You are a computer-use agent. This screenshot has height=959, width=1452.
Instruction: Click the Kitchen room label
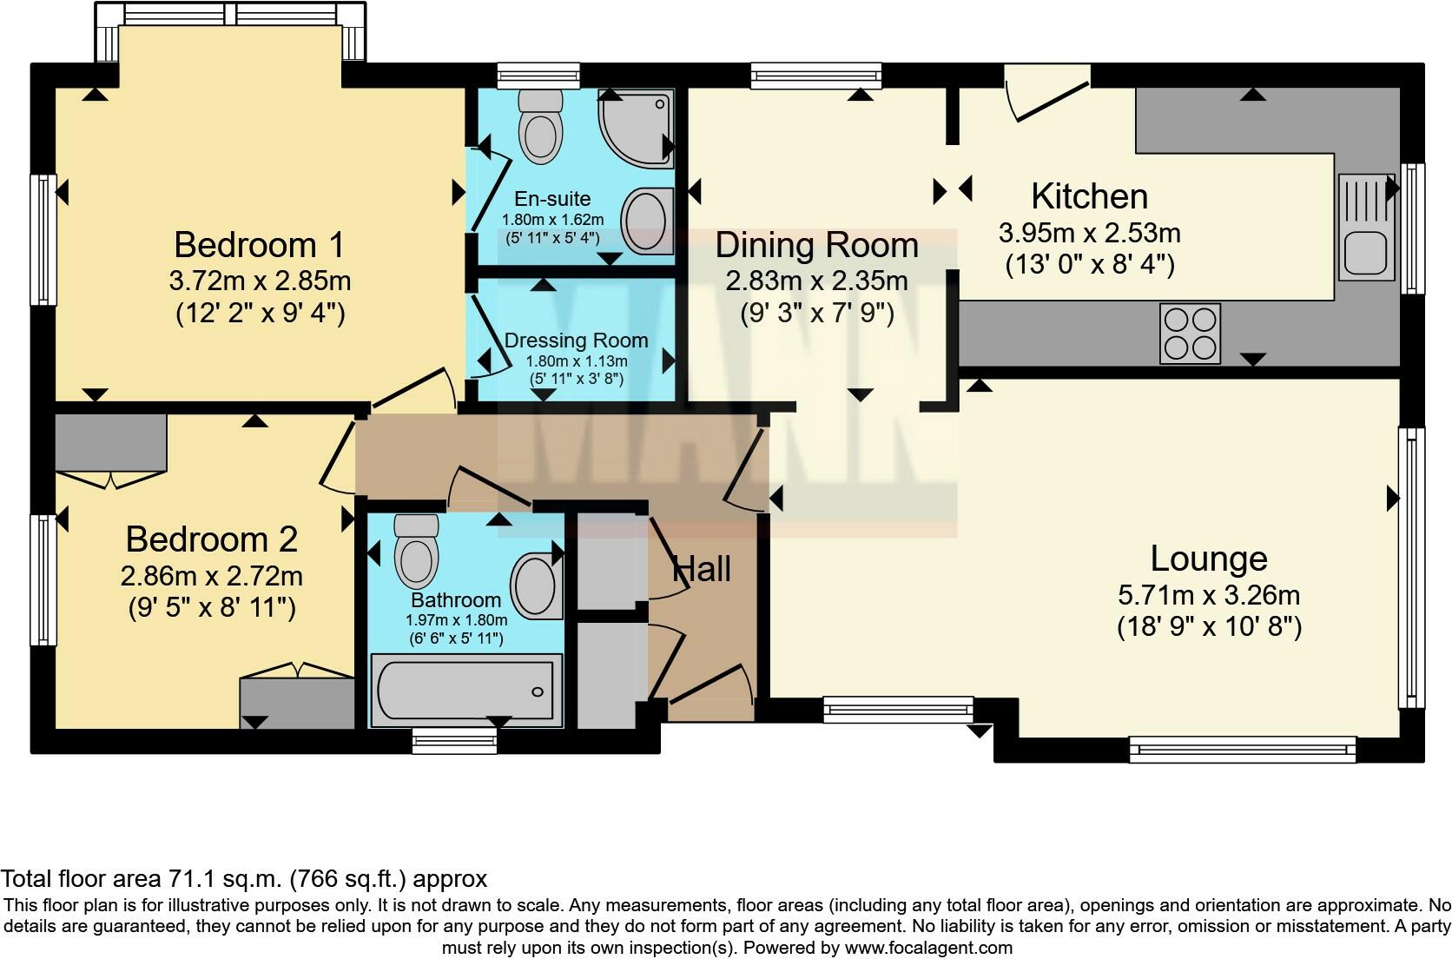[x=1089, y=196]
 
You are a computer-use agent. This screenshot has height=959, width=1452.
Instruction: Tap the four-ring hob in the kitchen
[x=1190, y=334]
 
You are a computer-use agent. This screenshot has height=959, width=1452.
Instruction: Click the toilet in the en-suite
[x=539, y=129]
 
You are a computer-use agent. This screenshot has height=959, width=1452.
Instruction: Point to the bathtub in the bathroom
[x=465, y=691]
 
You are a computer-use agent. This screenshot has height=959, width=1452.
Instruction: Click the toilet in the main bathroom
[x=416, y=552]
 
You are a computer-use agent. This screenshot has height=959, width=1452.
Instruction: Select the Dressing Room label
[x=576, y=341]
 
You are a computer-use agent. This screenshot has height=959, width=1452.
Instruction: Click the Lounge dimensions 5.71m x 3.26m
[x=1208, y=596]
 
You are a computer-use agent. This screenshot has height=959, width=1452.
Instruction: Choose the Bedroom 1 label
[x=259, y=245]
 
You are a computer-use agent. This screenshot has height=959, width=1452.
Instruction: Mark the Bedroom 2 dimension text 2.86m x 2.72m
[x=212, y=576]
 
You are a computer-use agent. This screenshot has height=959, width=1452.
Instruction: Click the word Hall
[x=702, y=570]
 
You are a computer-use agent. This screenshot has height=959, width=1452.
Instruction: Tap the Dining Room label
[x=816, y=246]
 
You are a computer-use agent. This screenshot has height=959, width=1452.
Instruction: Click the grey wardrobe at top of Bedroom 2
[x=110, y=442]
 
